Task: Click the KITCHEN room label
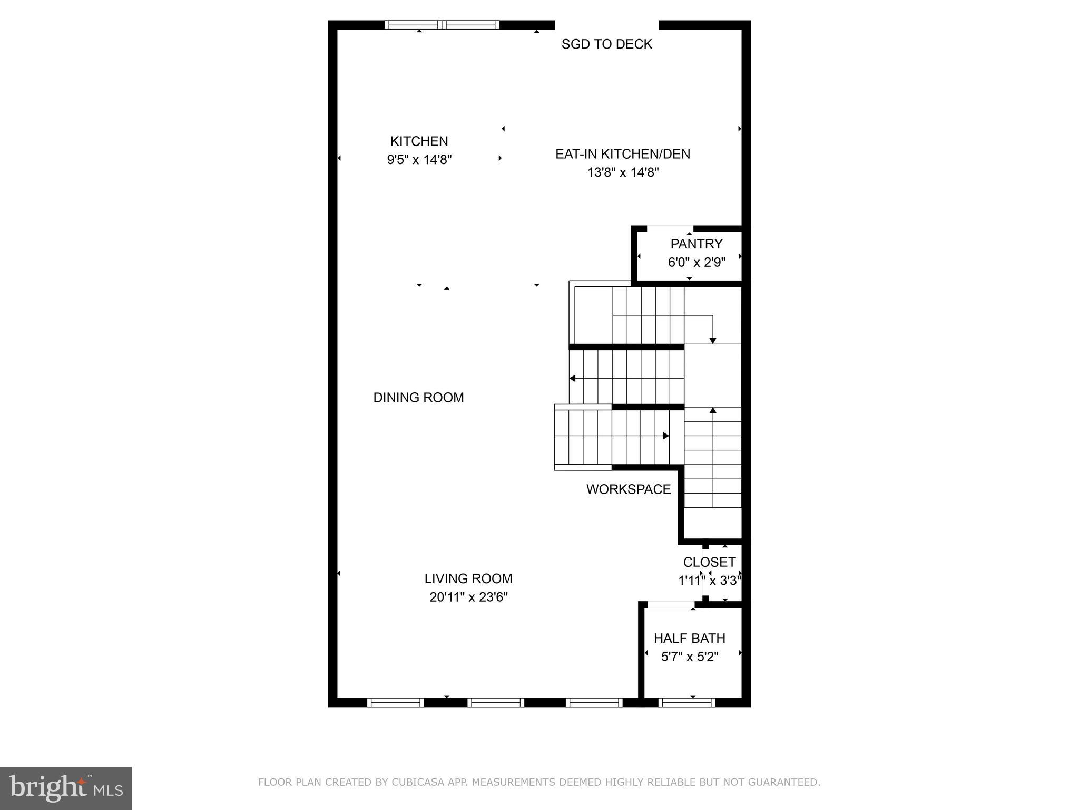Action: pos(419,141)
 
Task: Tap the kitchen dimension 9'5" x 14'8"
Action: pos(419,160)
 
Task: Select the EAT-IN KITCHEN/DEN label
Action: pos(623,154)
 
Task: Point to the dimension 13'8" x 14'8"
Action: pos(623,172)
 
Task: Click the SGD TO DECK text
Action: pos(606,44)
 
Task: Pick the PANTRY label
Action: pos(696,244)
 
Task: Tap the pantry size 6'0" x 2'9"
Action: pos(697,262)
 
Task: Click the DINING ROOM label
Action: pos(418,398)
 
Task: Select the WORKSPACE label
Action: pos(628,489)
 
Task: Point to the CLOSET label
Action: pos(709,562)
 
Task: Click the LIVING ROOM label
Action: pos(468,579)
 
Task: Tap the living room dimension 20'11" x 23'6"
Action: pos(468,597)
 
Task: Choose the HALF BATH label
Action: pos(689,639)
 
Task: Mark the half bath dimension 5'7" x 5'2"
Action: pos(690,657)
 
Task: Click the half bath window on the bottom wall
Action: pos(686,702)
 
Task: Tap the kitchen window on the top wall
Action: pos(442,25)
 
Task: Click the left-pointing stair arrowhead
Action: pos(572,378)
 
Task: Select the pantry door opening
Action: pos(670,229)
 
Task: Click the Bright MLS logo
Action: pos(66,788)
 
